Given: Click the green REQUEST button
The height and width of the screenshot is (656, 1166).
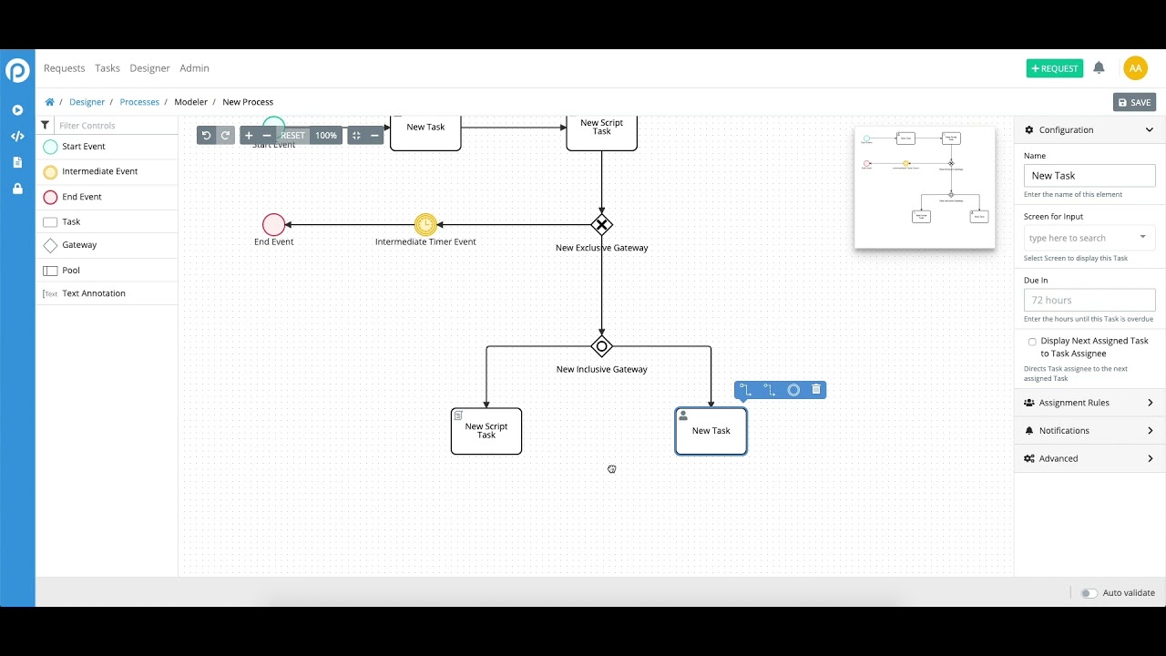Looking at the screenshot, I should [x=1054, y=68].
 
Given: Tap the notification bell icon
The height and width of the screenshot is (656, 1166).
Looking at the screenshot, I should [x=1099, y=68].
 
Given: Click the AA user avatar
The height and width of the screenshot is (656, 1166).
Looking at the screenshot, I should [x=1135, y=68].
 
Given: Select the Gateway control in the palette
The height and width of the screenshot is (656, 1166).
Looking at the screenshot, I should [x=78, y=245].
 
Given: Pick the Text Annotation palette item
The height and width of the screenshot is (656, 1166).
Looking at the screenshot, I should [x=93, y=293].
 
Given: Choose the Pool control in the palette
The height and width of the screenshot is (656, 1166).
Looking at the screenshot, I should [x=70, y=271].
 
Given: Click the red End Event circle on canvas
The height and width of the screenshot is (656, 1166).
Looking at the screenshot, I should [x=273, y=224].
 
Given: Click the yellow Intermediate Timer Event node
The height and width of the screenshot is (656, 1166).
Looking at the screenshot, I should [x=425, y=224].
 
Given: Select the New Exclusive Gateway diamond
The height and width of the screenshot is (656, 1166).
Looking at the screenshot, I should [x=601, y=224].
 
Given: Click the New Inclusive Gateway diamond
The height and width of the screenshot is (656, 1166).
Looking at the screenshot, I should [x=601, y=346].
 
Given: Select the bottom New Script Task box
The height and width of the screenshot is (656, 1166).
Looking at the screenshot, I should [x=486, y=431].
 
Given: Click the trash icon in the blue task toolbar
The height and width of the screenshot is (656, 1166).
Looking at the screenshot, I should [x=816, y=390].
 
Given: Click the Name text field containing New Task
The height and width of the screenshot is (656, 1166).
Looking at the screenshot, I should [x=1089, y=176].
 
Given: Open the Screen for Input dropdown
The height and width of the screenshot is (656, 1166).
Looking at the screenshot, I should [x=1089, y=238].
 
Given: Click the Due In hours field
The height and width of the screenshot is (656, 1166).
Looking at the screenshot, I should [x=1089, y=300].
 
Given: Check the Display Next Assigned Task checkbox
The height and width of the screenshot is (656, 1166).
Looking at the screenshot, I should [x=1032, y=342].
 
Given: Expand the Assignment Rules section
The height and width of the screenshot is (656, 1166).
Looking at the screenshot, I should [x=1089, y=403].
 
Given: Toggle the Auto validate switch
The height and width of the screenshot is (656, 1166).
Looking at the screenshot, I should [x=1089, y=593].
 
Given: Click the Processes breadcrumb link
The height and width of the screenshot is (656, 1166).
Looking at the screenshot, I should [x=139, y=102].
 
